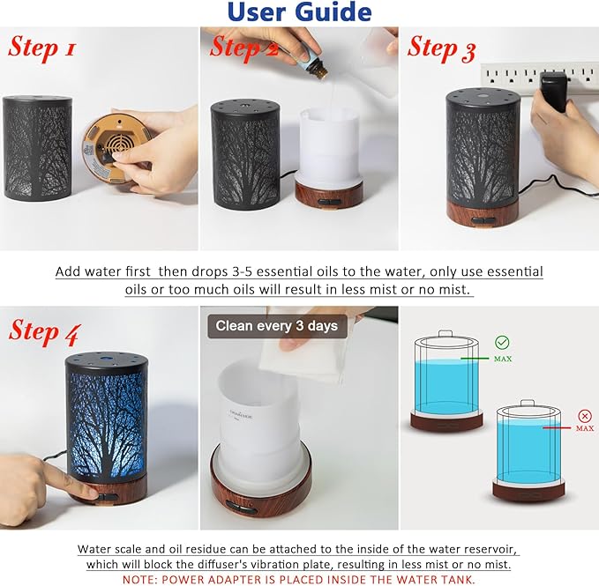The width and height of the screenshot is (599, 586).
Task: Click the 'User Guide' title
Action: tap(299, 12)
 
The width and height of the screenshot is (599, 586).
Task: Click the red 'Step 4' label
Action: tap(45, 331)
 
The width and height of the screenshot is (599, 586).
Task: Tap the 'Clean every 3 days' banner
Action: tap(276, 326)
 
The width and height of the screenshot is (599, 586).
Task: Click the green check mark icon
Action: tap(502, 343)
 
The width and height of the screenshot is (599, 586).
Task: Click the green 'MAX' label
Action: tap(503, 360)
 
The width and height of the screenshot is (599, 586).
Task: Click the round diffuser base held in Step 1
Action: tap(107, 146)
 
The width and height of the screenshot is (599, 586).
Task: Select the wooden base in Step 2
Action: tap(329, 193)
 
